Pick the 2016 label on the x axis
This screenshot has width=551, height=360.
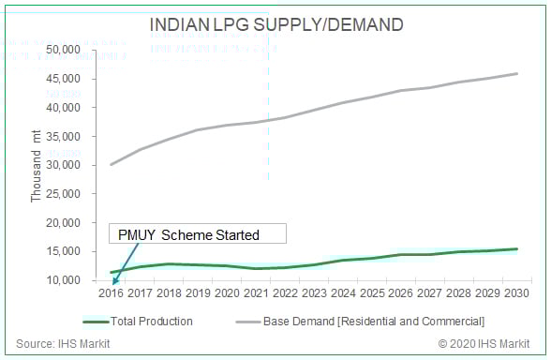click(111, 293)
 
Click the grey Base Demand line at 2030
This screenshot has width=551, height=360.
click(514, 74)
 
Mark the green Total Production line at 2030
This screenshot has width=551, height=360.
click(514, 249)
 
